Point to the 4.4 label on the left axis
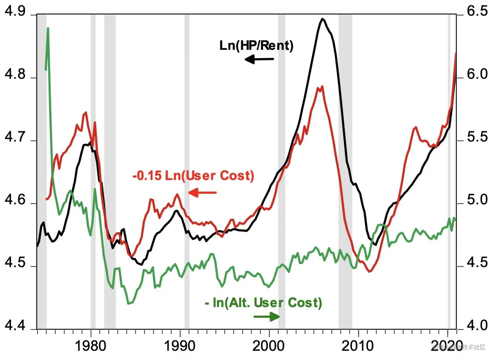click(15, 325)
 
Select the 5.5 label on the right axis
click(477, 137)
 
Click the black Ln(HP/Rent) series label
click(256, 45)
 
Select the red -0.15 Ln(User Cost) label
click(193, 175)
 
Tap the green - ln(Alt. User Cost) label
click(263, 303)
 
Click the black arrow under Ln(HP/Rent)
click(259, 59)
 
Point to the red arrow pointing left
click(202, 193)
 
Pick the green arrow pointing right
click(267, 316)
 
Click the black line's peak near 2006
click(322, 19)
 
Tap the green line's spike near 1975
click(48, 29)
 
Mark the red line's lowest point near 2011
click(369, 272)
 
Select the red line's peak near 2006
click(322, 87)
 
